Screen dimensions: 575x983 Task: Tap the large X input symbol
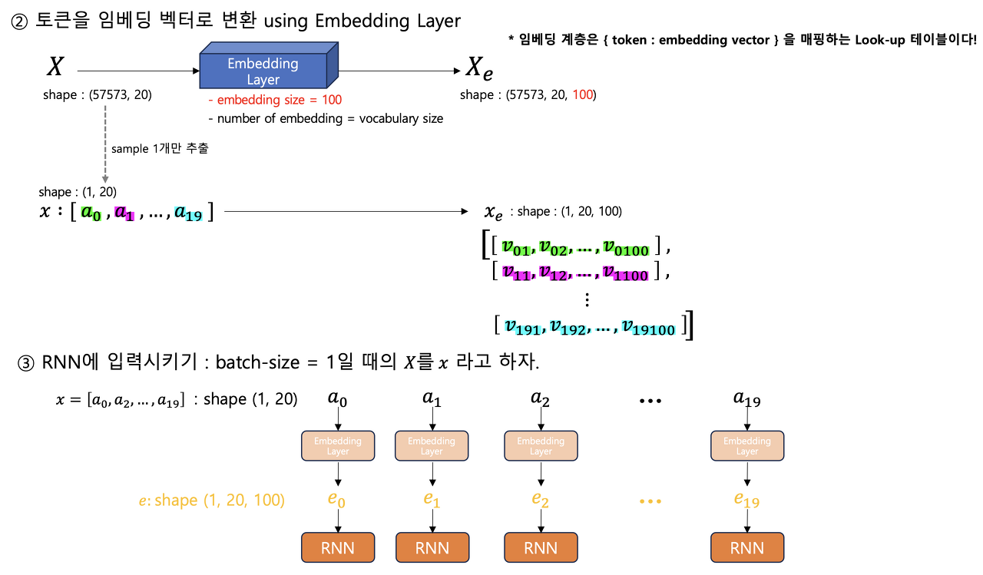(55, 68)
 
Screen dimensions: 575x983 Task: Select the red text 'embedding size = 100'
(275, 100)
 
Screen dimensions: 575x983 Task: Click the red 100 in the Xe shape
(583, 95)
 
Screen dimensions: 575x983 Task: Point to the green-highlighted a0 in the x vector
(91, 213)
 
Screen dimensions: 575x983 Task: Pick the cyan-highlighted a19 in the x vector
(188, 213)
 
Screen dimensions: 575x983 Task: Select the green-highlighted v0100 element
(626, 246)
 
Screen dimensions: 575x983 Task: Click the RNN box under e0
(337, 548)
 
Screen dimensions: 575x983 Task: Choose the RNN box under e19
(747, 548)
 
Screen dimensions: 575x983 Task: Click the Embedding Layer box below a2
(541, 446)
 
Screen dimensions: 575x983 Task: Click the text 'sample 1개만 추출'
(160, 149)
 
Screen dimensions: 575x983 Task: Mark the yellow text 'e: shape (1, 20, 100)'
(211, 501)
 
